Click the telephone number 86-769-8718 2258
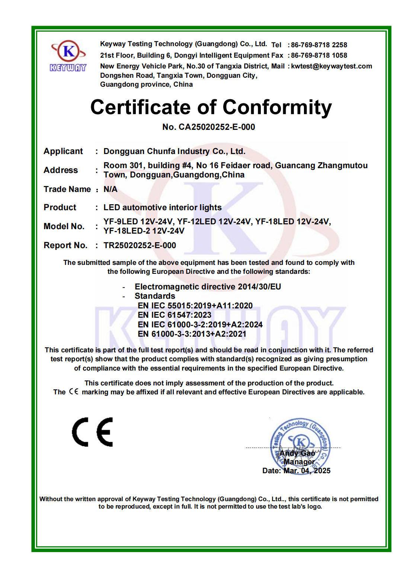click(319, 45)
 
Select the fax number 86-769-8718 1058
click(319, 55)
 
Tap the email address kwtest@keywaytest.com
click(331, 66)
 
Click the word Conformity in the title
click(277, 108)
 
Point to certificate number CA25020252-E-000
click(217, 127)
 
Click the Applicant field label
click(63, 151)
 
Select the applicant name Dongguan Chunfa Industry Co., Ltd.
click(174, 151)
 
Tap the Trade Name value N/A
click(110, 189)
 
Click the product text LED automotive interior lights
click(163, 208)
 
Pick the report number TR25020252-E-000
click(140, 246)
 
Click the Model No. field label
click(64, 226)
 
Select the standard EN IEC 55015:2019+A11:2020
click(195, 306)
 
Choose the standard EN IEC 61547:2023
click(174, 315)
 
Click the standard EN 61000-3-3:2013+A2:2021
click(192, 334)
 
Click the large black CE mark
click(93, 432)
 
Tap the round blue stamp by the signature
click(300, 443)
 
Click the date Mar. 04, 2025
click(307, 471)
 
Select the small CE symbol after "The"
click(74, 392)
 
